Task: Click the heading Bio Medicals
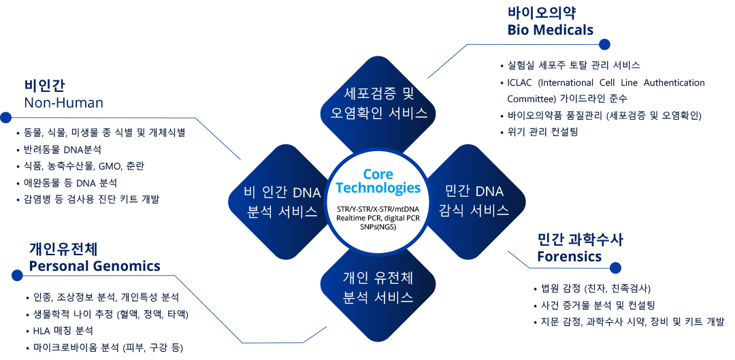[x=550, y=30]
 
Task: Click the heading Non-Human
[x=63, y=103]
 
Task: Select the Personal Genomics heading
[x=95, y=265]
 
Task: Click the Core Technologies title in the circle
[x=378, y=181]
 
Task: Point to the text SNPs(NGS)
[x=378, y=226]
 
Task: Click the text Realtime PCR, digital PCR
[x=378, y=217]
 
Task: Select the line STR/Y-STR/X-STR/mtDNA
[x=378, y=208]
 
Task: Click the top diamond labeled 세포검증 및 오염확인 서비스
[x=379, y=103]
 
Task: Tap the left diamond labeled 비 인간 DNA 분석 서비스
[x=281, y=201]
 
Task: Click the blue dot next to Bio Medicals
[x=604, y=44]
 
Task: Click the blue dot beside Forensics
[x=615, y=268]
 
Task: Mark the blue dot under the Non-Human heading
[x=5, y=117]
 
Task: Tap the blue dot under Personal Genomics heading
[x=17, y=275]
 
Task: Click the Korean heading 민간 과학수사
[x=580, y=240]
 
